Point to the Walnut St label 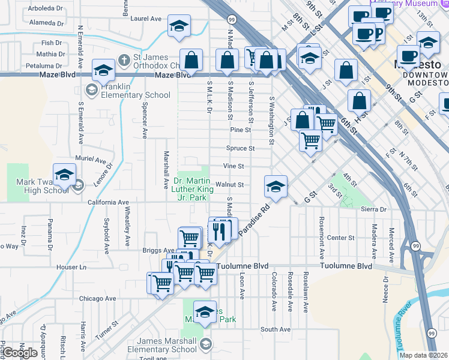(x=230, y=185)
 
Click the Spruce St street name (x=241, y=148)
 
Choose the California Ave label (x=109, y=202)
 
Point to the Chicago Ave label (x=97, y=298)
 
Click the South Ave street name (x=276, y=329)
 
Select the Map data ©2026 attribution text (x=423, y=355)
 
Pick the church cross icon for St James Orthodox (x=124, y=59)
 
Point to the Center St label (x=341, y=238)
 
